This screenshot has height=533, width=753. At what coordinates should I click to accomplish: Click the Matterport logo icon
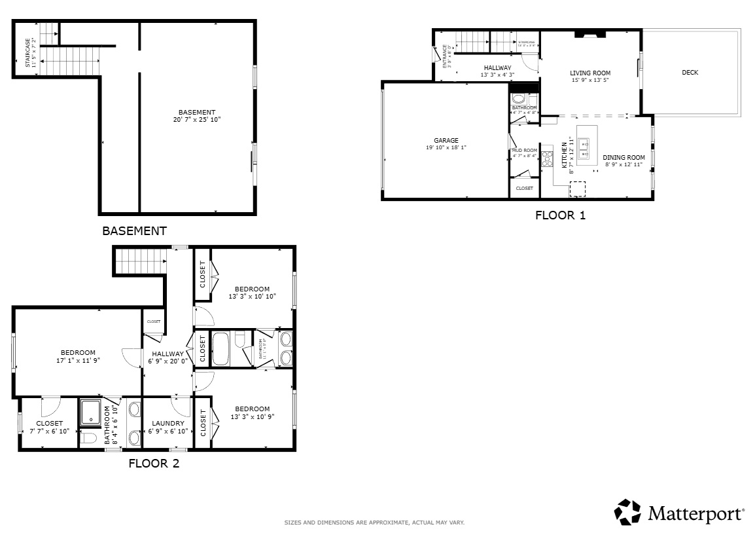tap(628, 512)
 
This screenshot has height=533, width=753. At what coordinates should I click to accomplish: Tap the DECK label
tap(690, 73)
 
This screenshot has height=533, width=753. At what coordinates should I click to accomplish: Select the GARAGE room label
tap(446, 141)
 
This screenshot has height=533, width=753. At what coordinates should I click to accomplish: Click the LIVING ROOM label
tap(590, 73)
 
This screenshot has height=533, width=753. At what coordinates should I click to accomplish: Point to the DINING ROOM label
tap(623, 157)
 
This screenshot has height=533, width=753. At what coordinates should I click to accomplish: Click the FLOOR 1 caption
tap(560, 215)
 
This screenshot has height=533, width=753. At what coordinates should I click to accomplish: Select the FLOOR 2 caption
tap(154, 464)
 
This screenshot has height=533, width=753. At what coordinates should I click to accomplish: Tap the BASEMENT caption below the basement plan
tap(134, 231)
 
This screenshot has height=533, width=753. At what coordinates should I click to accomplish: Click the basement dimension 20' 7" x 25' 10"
tap(197, 120)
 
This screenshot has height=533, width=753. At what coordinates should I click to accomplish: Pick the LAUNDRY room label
tap(167, 424)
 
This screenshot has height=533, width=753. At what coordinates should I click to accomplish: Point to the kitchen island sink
tap(584, 148)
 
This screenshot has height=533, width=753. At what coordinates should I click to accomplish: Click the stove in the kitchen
tap(547, 158)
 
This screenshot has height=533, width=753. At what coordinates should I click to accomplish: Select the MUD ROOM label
tap(524, 151)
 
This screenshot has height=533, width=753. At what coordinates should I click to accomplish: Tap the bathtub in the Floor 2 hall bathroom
tap(221, 349)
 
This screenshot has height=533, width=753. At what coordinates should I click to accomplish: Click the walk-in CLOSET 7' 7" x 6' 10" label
tap(49, 424)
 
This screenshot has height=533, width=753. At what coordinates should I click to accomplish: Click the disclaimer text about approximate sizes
tap(374, 523)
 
